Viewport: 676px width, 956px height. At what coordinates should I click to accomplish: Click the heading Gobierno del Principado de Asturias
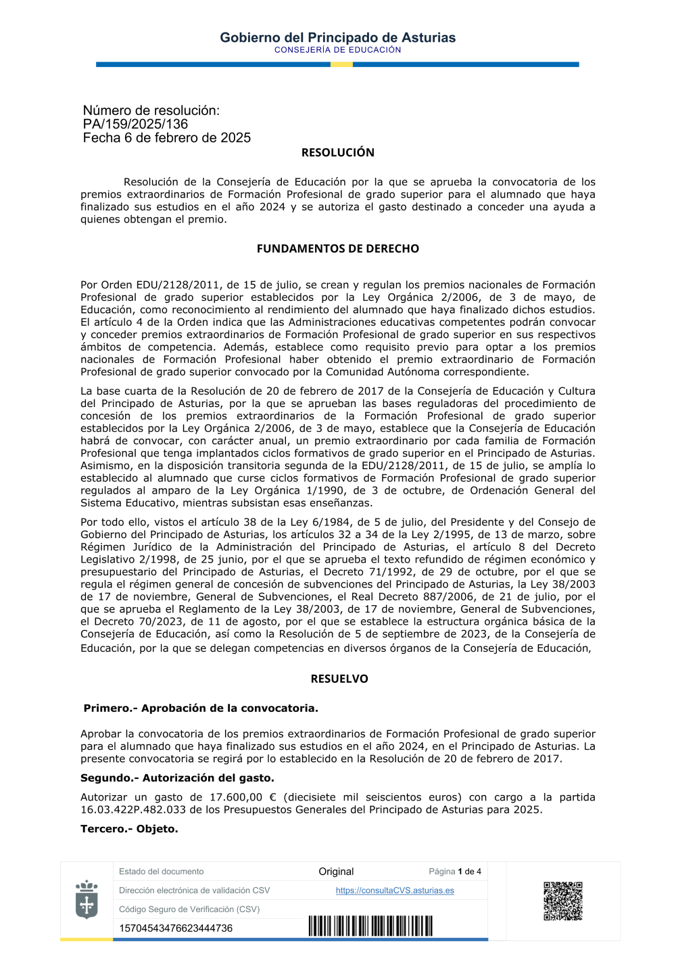pos(337,38)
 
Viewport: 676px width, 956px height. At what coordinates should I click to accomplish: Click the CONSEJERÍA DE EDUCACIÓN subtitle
pos(337,50)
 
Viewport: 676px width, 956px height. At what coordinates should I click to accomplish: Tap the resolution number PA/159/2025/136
pos(135,124)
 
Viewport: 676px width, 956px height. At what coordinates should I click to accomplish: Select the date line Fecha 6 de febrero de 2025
pos(166,138)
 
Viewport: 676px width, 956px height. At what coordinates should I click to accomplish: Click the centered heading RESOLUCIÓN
pos(337,153)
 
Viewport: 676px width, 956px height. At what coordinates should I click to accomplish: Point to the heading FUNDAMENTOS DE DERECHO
pos(337,249)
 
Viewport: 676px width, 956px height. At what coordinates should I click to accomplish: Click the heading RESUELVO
pos(339,679)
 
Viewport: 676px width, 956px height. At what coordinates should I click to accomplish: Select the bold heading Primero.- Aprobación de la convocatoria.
pos(200,709)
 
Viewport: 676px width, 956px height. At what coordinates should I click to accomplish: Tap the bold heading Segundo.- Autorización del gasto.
pos(177,778)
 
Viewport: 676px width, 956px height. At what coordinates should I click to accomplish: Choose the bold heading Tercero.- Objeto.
pos(129,829)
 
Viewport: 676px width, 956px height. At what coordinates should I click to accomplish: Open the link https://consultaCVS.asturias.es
pos(395,890)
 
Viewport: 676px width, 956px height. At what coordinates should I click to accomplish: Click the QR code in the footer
pos(562,901)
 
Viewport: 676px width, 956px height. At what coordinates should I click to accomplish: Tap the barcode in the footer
pos(370,926)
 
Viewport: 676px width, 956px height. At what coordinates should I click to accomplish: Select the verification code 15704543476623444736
pos(176,928)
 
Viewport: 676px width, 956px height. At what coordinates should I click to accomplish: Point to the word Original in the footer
pos(336,871)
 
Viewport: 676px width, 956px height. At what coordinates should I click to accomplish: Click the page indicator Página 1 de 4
pos(455,871)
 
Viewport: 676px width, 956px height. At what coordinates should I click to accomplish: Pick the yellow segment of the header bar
pos(341,64)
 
